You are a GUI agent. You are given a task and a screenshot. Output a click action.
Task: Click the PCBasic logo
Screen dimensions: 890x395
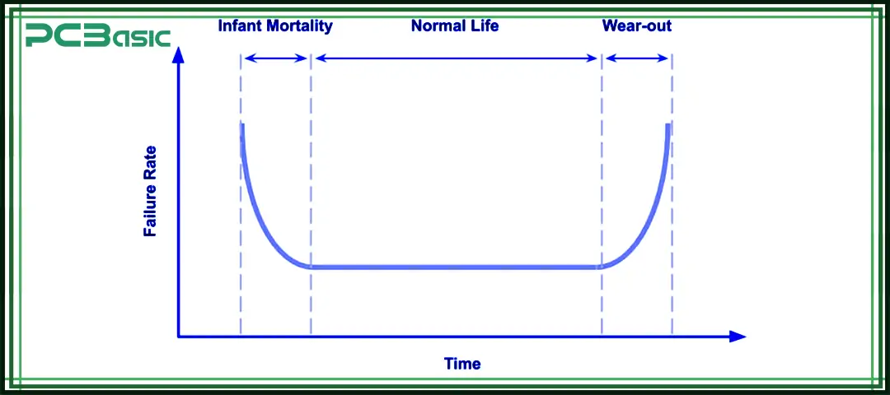click(x=97, y=35)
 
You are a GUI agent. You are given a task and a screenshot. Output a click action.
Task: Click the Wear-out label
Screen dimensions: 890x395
click(x=637, y=26)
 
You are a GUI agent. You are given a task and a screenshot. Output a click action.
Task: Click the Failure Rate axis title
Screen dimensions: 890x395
click(x=150, y=191)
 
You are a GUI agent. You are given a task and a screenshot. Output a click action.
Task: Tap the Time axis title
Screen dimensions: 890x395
click(x=462, y=363)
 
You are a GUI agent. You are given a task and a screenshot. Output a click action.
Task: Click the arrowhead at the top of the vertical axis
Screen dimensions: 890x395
click(x=179, y=53)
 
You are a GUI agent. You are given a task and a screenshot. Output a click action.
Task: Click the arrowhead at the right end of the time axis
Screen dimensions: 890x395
click(x=738, y=337)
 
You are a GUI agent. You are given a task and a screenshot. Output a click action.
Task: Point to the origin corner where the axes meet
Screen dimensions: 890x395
click(x=179, y=337)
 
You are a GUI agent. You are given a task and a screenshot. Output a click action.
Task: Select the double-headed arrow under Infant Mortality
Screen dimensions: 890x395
click(x=276, y=58)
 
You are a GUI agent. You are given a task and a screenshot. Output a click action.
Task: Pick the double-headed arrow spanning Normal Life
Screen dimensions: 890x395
click(x=457, y=58)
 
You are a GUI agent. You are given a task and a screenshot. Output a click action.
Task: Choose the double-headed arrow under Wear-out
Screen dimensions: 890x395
click(x=637, y=58)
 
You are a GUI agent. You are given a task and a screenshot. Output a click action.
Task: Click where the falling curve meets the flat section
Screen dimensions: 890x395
click(x=311, y=267)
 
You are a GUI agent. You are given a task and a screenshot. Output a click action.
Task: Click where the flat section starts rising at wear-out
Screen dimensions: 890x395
click(x=602, y=267)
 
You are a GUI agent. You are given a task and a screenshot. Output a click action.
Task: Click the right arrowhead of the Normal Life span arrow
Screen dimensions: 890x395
click(x=593, y=58)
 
